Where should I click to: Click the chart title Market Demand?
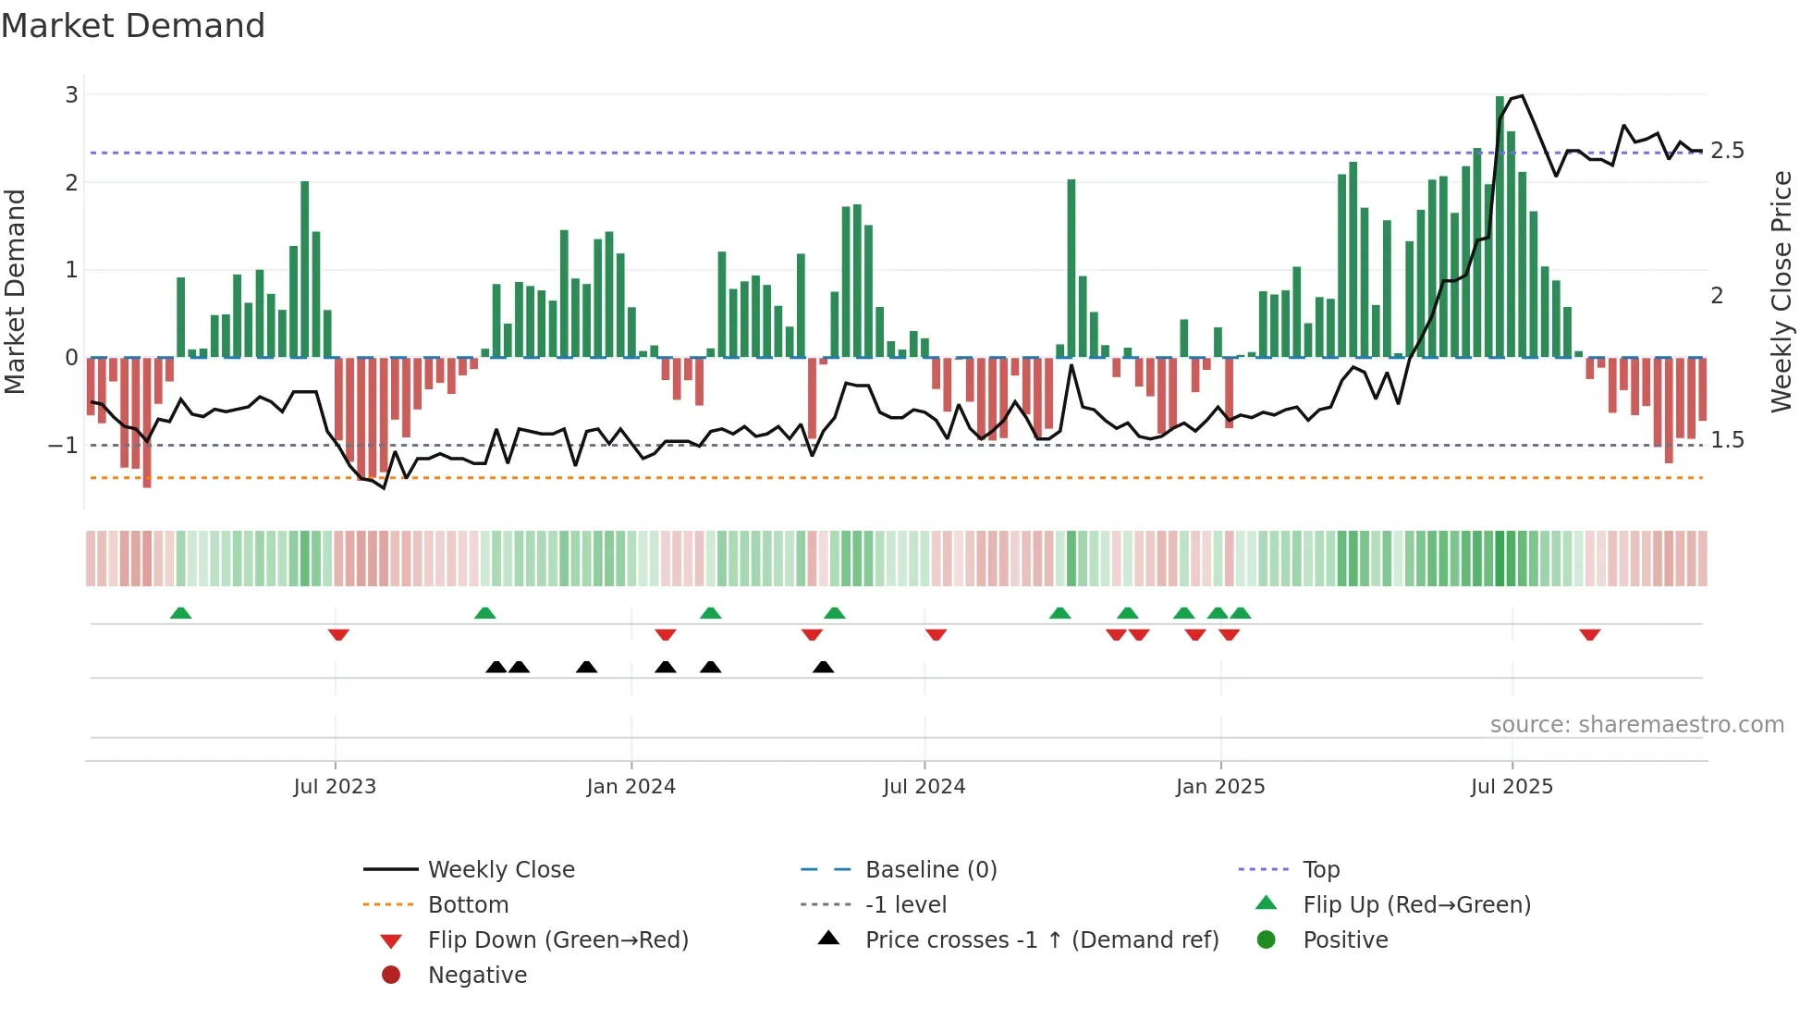[133, 26]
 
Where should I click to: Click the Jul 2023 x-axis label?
[335, 787]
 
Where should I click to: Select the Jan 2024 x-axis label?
[631, 787]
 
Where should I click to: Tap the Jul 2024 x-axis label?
[924, 787]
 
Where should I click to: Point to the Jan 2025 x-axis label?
[1219, 787]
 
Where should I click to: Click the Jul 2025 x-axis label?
[1512, 787]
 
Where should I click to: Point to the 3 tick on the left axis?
[71, 95]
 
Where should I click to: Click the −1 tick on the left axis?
[64, 446]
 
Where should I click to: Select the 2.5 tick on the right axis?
[1726, 151]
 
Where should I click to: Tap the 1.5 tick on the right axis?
[1726, 440]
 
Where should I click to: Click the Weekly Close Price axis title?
[1781, 291]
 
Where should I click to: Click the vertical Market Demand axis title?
[15, 291]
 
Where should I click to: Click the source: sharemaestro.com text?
[1636, 725]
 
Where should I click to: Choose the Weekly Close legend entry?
[500, 870]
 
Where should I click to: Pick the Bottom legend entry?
[468, 905]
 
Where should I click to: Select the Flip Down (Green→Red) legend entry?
[557, 940]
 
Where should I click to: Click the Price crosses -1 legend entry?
[1041, 940]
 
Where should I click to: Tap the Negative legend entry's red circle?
[391, 976]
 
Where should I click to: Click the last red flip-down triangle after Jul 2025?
[1589, 634]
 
